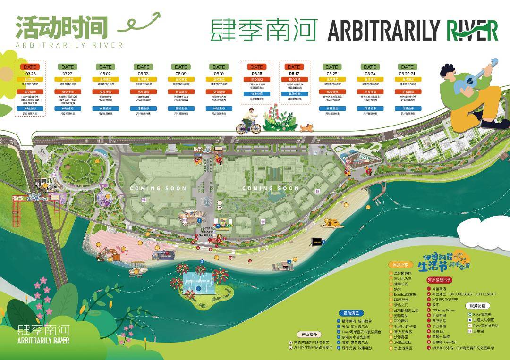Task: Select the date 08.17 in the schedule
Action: (x=294, y=74)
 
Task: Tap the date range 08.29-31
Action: (x=407, y=74)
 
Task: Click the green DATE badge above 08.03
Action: (x=143, y=67)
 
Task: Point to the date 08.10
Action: (x=219, y=74)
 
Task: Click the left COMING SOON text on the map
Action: (x=158, y=188)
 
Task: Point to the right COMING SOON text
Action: (x=271, y=188)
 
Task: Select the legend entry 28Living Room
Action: (x=443, y=310)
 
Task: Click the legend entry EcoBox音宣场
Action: (x=405, y=294)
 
